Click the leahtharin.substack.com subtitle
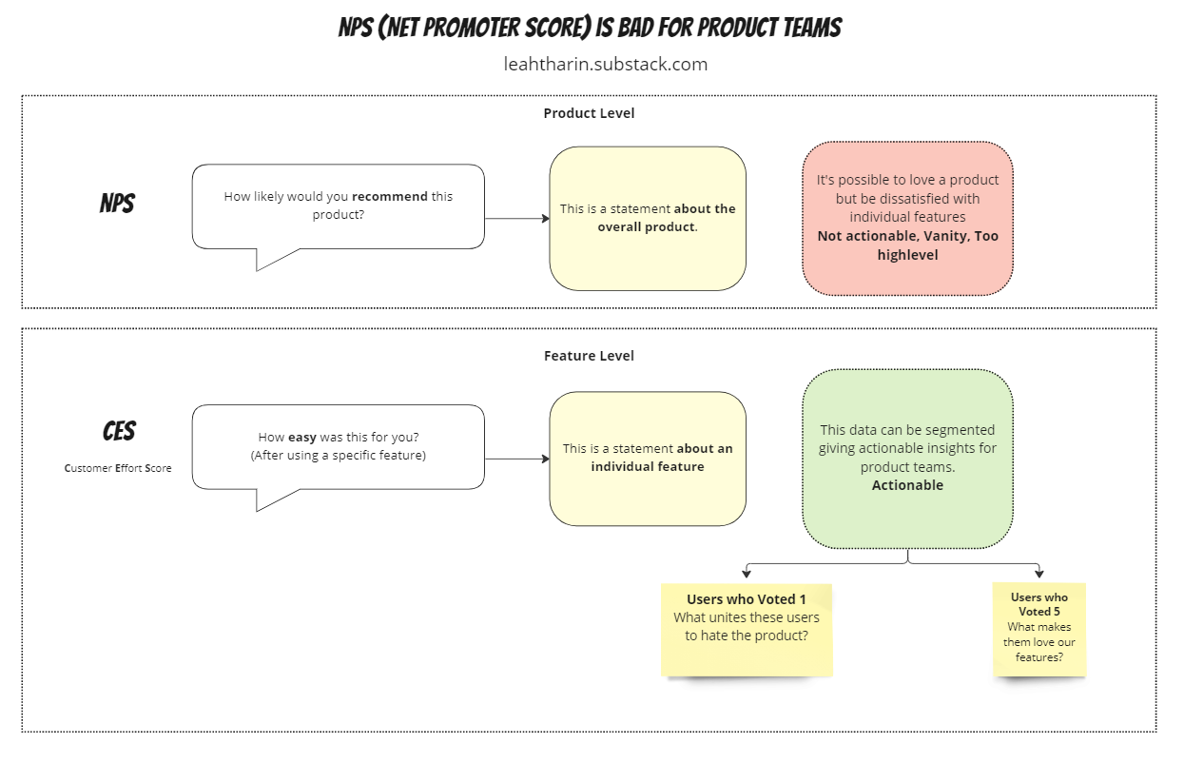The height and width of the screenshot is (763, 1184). pos(606,65)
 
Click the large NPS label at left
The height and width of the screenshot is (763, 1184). pos(117,204)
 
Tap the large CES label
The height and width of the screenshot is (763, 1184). pos(119,432)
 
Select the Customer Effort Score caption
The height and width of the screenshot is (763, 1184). pos(118,468)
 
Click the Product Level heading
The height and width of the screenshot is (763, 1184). pos(589,113)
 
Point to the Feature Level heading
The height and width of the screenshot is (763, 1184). pos(589,356)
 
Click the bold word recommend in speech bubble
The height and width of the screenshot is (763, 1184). pos(390,197)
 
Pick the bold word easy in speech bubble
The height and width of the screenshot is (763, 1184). pos(302,438)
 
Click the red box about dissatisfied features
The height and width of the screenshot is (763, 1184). pos(907,218)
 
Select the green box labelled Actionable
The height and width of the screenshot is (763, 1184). pos(907,458)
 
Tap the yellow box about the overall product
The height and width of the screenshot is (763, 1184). pos(648,218)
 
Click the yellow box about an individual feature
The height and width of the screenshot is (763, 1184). pos(648,458)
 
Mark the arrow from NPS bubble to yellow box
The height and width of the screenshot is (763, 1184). pos(517,219)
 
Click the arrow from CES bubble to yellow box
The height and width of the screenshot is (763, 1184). pos(517,459)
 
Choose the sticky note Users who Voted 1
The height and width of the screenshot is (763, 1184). pos(747,629)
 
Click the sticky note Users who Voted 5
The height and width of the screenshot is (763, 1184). pos(1038,629)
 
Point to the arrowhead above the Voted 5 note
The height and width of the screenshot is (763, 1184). pos(1039,574)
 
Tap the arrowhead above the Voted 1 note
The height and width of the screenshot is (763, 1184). pos(747,574)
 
